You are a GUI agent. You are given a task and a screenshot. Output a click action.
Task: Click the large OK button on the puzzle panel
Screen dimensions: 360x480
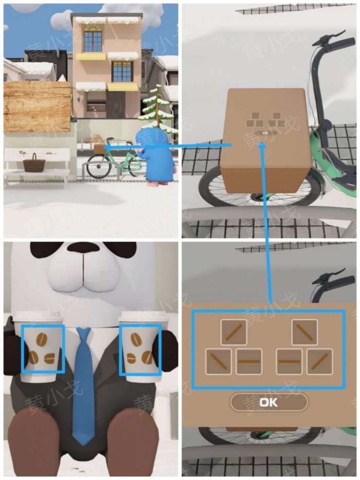[269, 402]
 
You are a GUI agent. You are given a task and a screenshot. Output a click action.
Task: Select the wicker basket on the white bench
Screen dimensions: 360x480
[34, 163]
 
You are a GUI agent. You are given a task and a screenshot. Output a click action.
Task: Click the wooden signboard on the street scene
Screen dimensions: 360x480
[37, 106]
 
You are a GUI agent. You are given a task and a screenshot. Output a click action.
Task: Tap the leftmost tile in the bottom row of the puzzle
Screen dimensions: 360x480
[218, 362]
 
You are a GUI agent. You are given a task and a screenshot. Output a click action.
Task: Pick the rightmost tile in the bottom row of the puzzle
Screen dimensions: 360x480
[319, 362]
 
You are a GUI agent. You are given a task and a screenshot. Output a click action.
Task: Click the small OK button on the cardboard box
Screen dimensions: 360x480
[265, 133]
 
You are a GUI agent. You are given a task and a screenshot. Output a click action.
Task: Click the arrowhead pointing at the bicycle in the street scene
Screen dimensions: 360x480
[107, 148]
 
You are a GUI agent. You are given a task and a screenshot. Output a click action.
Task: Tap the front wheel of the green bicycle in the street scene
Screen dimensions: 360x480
[98, 167]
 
